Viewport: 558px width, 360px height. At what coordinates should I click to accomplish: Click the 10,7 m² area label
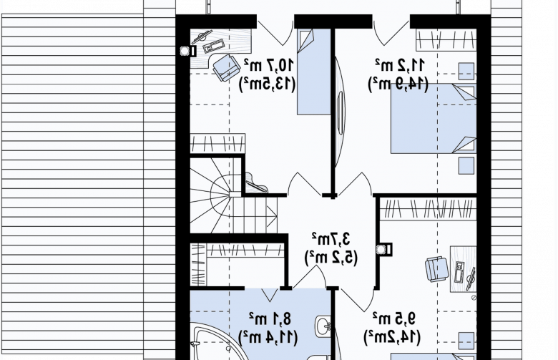tap(269, 65)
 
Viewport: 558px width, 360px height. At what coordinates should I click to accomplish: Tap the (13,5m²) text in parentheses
tap(268, 84)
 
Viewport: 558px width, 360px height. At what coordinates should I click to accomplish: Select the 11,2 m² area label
tap(399, 65)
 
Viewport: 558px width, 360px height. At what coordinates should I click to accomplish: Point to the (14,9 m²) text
tap(398, 84)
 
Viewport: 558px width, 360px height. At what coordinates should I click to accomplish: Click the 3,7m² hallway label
tap(331, 238)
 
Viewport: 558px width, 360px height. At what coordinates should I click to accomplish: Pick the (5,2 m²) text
tap(331, 257)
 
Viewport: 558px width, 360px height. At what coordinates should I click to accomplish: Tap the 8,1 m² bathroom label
tap(270, 318)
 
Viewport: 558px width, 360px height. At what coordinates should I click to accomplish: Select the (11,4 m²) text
tap(268, 337)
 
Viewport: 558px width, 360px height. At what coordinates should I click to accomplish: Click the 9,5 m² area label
tap(394, 318)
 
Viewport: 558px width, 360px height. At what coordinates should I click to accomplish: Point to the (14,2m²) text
tap(392, 336)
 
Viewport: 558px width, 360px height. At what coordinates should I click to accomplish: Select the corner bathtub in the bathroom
tap(217, 342)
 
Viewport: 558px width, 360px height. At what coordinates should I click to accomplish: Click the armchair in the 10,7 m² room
tap(226, 67)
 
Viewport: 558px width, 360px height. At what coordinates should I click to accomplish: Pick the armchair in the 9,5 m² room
tap(437, 269)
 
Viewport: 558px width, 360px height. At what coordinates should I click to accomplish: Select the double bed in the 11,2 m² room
tap(434, 119)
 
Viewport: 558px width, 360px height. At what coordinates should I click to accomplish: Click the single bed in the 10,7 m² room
tap(314, 72)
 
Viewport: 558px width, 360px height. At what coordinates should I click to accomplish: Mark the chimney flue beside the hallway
tap(384, 249)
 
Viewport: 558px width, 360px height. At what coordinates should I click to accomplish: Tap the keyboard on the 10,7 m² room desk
tap(214, 46)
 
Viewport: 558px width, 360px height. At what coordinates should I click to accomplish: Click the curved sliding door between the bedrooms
tap(341, 112)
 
